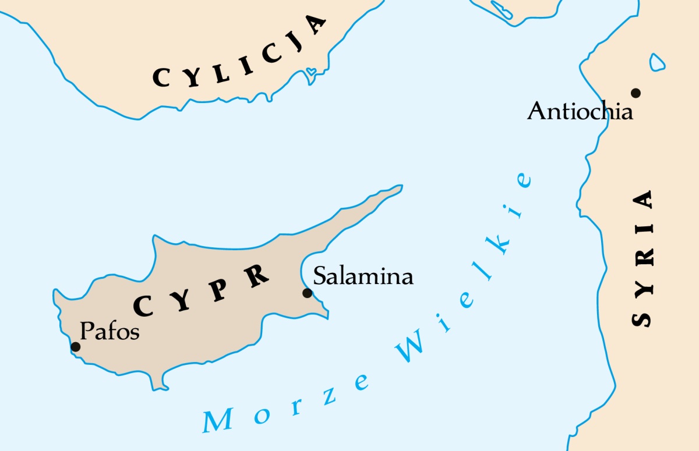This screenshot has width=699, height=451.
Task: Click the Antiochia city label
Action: [x=580, y=111]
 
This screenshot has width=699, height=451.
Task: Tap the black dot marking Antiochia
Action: [x=636, y=93]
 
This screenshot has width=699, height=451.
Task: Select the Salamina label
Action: [x=363, y=275]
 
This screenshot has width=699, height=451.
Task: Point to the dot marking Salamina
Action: [x=307, y=293]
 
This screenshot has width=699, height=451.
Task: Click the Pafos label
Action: [x=110, y=331]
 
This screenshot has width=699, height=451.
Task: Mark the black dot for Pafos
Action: [x=75, y=347]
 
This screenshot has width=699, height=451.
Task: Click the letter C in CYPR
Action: [x=144, y=305]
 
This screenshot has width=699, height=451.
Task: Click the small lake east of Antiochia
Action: [x=658, y=62]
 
